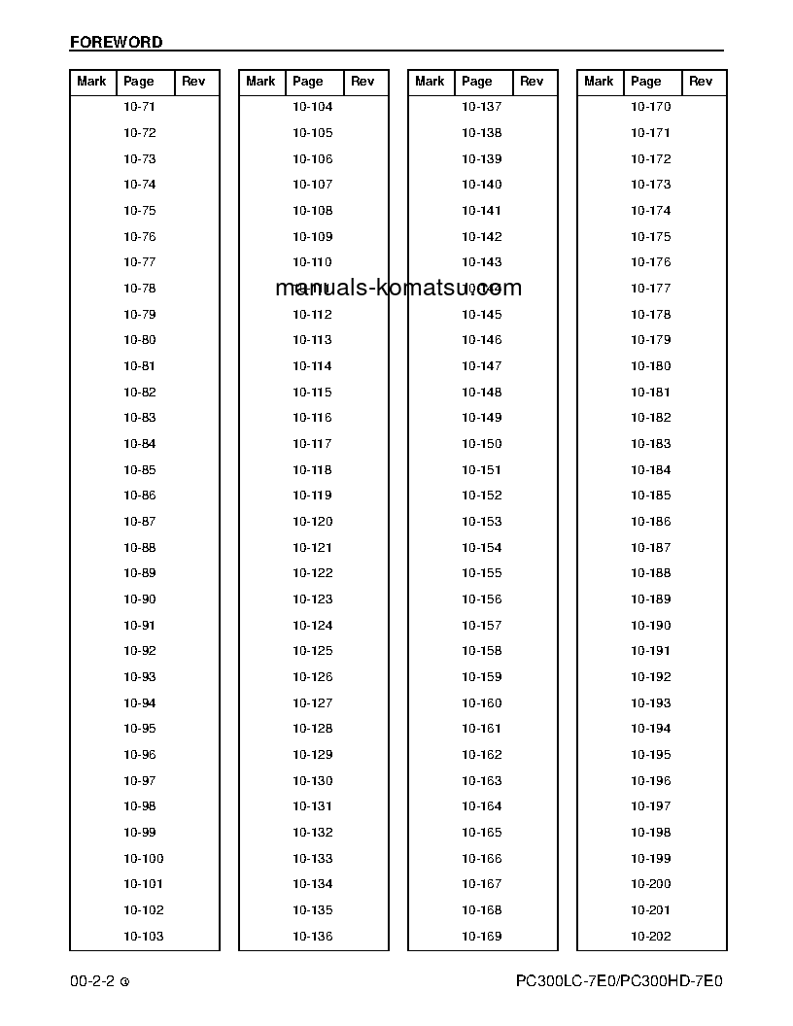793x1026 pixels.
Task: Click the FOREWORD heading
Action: click(116, 43)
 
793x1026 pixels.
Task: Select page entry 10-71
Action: click(140, 107)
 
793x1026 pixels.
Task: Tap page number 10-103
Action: click(144, 937)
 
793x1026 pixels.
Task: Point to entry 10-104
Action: click(312, 107)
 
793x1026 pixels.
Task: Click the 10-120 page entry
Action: click(312, 522)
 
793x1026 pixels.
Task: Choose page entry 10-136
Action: click(312, 937)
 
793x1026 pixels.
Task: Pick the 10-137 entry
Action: click(481, 107)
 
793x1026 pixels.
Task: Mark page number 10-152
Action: click(481, 496)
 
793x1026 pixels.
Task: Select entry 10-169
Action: click(481, 937)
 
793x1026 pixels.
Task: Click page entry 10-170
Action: click(650, 107)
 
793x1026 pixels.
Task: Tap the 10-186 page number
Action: click(650, 522)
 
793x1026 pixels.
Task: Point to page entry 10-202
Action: click(650, 937)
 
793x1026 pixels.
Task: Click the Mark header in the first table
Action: click(91, 82)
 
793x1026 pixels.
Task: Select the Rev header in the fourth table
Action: click(701, 82)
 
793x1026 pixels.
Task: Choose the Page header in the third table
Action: click(477, 82)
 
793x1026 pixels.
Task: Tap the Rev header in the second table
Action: click(362, 82)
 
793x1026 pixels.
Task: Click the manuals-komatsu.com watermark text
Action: click(398, 288)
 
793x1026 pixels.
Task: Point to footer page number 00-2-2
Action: click(92, 981)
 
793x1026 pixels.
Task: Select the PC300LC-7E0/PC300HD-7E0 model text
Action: click(619, 981)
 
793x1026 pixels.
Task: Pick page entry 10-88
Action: click(140, 548)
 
